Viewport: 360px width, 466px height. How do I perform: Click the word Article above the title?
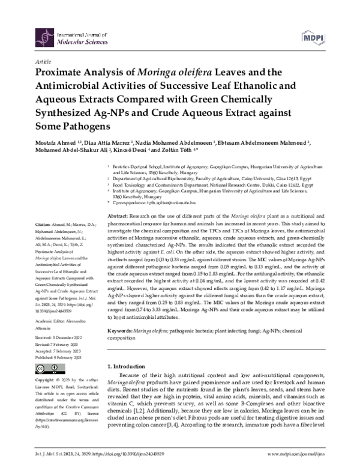point(44,61)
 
